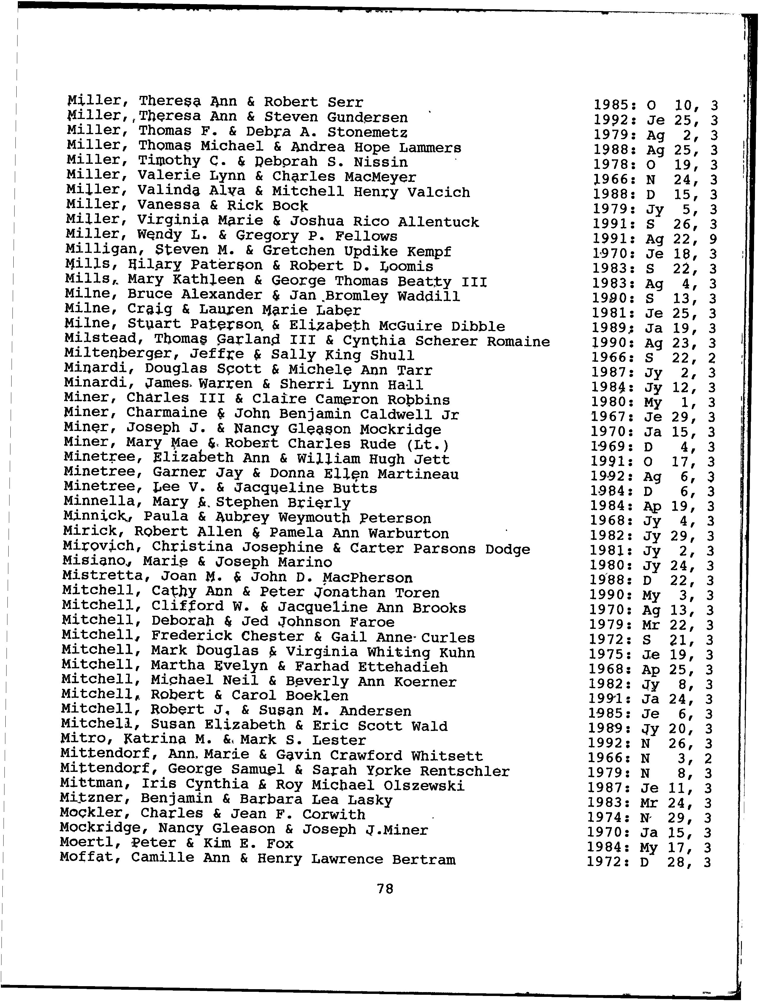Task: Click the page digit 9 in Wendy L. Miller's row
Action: (x=714, y=239)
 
